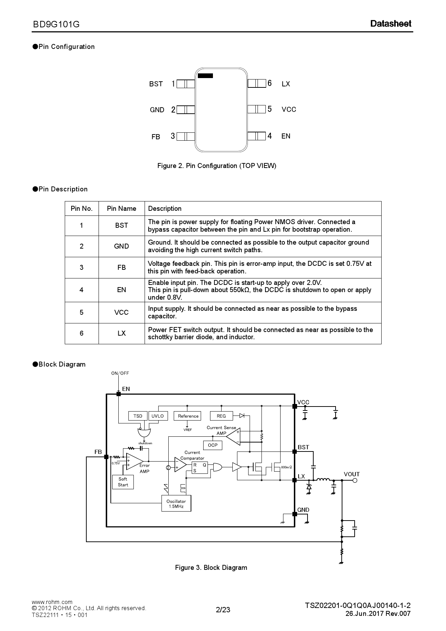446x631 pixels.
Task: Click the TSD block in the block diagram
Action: tap(138, 416)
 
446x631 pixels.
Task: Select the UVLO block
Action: tap(158, 416)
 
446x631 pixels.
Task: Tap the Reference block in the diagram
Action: tap(188, 416)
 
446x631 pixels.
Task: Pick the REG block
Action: tap(221, 416)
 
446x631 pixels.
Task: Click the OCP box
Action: tap(213, 445)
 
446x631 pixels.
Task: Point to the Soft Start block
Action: tap(123, 482)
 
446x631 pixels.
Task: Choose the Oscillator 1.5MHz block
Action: tap(176, 503)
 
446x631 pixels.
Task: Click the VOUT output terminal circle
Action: tap(355, 480)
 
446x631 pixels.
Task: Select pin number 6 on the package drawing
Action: tap(269, 83)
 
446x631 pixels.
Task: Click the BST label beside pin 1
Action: tap(156, 84)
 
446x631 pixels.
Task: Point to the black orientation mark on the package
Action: tap(205, 76)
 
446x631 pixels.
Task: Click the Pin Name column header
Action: tap(122, 209)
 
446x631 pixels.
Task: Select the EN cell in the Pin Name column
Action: tap(122, 290)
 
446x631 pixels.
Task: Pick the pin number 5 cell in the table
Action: tap(82, 312)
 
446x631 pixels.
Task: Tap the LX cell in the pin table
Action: tap(122, 333)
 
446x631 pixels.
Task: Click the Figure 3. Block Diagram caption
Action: tap(211, 568)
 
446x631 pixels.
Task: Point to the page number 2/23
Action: tap(223, 610)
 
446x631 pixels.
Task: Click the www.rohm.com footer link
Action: tap(52, 602)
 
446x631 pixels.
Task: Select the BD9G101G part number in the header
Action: tap(56, 24)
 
